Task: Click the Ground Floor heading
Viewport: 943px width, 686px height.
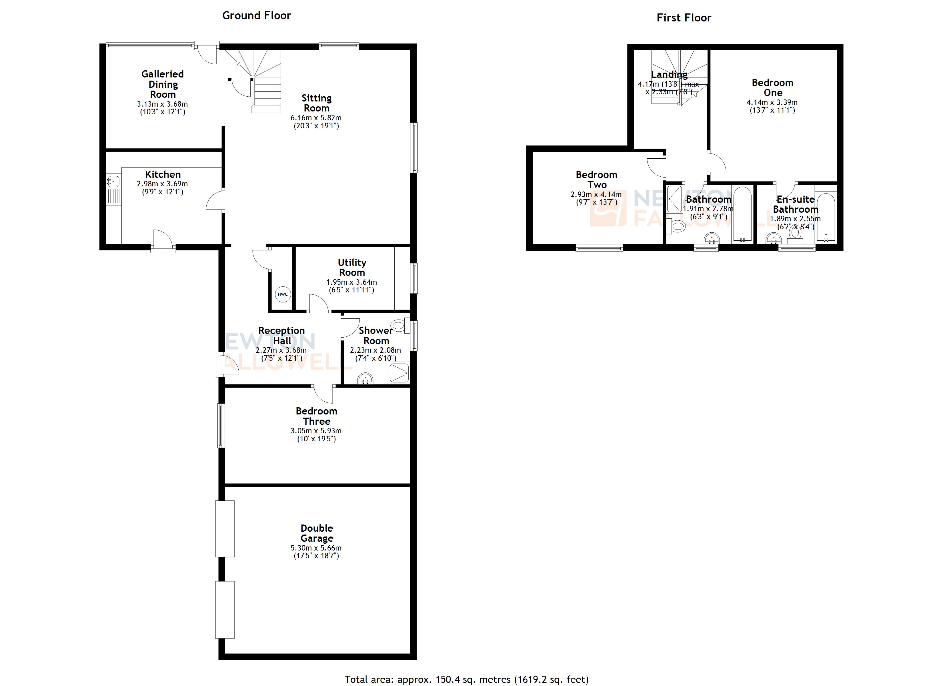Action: (x=257, y=16)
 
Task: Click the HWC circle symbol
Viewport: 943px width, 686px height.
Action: (x=283, y=294)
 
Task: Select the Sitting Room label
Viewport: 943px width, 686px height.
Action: (x=316, y=103)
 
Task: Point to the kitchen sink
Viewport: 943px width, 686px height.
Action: (x=113, y=182)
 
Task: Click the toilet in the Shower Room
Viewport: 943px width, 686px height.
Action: (x=398, y=325)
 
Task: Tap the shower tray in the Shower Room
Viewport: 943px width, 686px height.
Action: (x=399, y=373)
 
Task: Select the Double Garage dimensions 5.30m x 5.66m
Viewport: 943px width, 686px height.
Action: (x=316, y=548)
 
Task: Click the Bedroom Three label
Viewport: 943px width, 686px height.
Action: (x=316, y=416)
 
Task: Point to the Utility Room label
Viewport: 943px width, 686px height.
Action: (x=352, y=268)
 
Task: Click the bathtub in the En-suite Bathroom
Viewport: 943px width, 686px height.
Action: (x=825, y=217)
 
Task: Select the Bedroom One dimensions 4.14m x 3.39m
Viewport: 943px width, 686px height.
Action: (x=772, y=102)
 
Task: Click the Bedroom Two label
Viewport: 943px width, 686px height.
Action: (x=596, y=180)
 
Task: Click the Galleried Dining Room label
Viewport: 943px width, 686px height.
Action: (x=163, y=84)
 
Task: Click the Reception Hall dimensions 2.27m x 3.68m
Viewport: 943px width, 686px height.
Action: (x=281, y=350)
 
